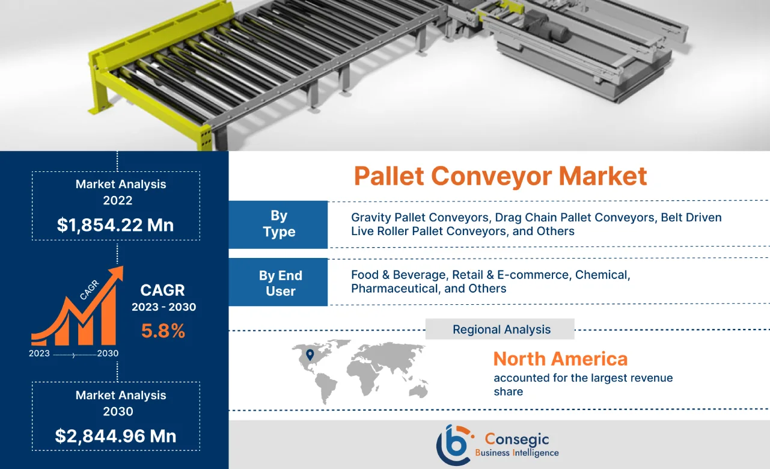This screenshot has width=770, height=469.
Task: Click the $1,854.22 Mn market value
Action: [115, 225]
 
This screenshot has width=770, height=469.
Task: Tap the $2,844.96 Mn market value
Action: [115, 436]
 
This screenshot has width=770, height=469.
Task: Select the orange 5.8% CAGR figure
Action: [163, 331]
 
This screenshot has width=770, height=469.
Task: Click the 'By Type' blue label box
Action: [278, 224]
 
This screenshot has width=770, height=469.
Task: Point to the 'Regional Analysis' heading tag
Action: [501, 330]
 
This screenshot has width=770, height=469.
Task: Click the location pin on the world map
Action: [310, 355]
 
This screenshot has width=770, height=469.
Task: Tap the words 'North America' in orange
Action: [560, 359]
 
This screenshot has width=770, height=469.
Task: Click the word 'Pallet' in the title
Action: [389, 176]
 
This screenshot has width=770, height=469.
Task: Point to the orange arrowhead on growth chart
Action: [116, 273]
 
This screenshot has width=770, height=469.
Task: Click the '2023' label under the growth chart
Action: [39, 354]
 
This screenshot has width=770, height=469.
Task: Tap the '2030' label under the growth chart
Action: [108, 354]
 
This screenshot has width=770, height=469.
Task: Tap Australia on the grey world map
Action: [417, 389]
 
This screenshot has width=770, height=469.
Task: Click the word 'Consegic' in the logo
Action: [516, 440]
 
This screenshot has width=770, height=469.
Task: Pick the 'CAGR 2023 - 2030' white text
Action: [163, 298]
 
